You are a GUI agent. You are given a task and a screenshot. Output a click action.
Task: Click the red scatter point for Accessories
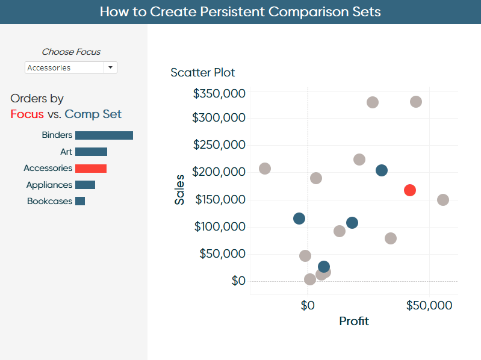(410, 190)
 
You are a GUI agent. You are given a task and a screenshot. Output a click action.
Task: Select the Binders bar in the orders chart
(104, 135)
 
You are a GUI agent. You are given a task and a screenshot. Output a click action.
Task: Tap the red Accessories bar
(91, 169)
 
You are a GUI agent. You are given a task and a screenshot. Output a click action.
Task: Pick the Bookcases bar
(80, 201)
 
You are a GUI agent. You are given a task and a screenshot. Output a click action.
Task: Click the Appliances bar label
(49, 185)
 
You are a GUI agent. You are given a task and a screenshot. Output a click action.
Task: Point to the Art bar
(91, 152)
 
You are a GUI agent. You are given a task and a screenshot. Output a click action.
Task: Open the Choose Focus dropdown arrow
(110, 67)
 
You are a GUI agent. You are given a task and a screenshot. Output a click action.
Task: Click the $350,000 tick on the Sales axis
(219, 93)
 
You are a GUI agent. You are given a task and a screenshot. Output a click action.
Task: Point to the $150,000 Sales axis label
(220, 199)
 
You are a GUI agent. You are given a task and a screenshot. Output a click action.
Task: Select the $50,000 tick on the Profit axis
(429, 305)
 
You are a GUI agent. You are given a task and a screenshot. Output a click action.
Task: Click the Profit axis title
(354, 321)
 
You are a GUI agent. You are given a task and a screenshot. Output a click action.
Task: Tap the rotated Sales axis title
(179, 190)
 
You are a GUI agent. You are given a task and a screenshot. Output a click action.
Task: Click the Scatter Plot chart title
(202, 73)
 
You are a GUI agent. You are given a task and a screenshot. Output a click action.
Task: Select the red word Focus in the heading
(27, 114)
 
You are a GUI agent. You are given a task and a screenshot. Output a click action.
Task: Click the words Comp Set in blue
(93, 114)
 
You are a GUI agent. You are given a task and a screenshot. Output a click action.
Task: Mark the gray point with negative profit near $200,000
(265, 169)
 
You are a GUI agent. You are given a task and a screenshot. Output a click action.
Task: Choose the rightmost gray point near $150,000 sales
(443, 200)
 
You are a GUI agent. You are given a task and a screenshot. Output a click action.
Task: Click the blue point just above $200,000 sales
(382, 170)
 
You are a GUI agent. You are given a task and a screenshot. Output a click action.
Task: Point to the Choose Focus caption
(71, 52)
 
